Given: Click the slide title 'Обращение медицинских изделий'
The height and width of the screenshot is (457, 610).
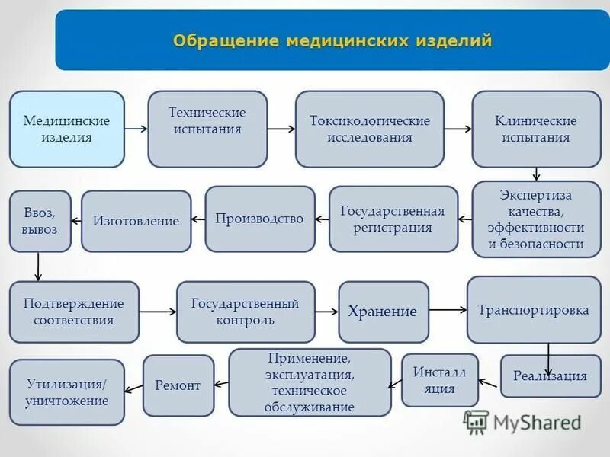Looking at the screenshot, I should pos(332,40).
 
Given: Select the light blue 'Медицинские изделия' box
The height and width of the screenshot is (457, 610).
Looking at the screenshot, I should pos(66,129).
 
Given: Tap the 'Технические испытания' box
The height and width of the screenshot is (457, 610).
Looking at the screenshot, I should pos(207,129).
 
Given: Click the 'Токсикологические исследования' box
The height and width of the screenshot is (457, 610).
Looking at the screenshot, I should pos(370,129).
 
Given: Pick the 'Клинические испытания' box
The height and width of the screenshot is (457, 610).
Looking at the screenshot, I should pos(536,129).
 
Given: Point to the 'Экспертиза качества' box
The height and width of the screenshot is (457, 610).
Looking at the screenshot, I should pos(536,219).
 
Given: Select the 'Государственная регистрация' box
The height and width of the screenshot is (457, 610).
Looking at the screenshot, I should pos(393,219).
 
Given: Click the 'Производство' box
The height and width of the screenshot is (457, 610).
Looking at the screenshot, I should pos(259,219).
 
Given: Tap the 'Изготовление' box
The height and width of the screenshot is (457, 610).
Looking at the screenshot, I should pos(136,221).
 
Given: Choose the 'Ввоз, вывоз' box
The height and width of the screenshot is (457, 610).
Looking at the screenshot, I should pos(40,221).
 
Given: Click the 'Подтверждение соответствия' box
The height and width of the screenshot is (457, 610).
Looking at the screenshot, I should pos(74,312).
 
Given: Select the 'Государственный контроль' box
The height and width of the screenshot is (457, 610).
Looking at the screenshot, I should pos(246,312).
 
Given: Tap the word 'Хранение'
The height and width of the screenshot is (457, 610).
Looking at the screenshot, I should pos(383,312).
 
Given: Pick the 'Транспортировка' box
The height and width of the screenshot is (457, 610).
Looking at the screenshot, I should pos(534,310).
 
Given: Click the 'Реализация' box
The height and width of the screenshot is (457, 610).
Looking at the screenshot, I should pos(551,376).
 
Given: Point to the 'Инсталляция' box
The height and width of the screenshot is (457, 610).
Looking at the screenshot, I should pos(440,380).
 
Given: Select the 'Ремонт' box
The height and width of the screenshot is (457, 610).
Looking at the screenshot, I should pos(178,385).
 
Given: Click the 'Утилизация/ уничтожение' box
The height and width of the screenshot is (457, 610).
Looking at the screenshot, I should pos(66,392).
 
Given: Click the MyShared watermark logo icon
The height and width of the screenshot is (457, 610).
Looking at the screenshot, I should pos(476,422).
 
